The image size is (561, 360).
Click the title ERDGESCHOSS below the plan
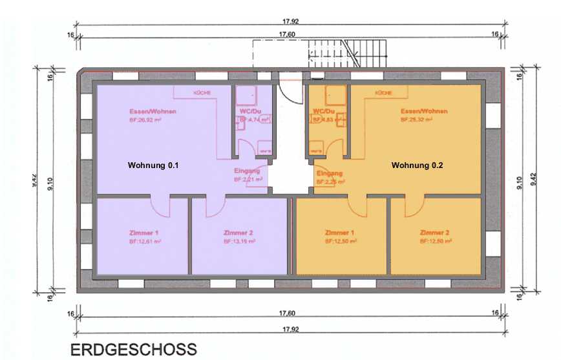133,350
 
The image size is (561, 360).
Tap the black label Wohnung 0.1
153,165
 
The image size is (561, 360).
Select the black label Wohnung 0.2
418,165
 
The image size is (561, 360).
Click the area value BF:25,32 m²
423,120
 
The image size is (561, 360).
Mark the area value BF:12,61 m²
143,241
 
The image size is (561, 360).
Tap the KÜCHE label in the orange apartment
383,93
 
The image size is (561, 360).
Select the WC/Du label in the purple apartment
249,111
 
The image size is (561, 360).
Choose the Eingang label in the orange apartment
330,173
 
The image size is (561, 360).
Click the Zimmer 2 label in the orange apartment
435,232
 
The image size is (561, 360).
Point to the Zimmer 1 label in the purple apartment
144,232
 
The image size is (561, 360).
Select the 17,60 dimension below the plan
287,313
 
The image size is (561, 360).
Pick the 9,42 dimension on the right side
533,184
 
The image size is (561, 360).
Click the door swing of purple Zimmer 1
161,207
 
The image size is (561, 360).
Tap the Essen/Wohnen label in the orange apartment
424,111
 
